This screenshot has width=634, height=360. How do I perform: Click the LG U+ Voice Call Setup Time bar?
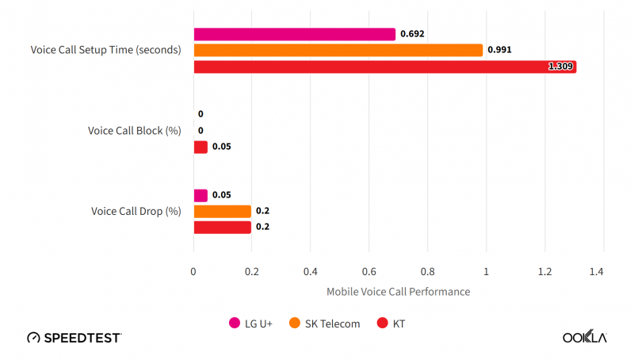tap(294, 34)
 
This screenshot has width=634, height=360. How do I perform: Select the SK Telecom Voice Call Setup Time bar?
tap(338, 50)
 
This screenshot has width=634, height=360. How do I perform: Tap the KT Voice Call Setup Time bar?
tap(384, 67)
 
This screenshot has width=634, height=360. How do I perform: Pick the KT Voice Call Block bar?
tap(201, 147)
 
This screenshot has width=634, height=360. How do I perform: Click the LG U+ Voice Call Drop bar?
tap(201, 195)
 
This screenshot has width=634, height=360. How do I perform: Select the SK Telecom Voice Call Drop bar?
tap(222, 212)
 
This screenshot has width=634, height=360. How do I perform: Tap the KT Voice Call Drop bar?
tap(222, 228)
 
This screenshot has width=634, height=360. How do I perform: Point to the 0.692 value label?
tap(412, 34)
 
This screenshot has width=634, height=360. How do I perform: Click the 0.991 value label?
tap(499, 50)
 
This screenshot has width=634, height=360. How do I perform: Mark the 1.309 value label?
tap(560, 67)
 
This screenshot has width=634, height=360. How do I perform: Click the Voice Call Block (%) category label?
tap(134, 131)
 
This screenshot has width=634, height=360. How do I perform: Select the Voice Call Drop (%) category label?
tap(136, 212)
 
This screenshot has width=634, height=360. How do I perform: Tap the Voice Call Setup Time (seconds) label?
tap(106, 50)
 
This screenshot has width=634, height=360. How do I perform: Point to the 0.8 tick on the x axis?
tap(427, 272)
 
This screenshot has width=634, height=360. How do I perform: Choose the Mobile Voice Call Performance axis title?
tap(398, 292)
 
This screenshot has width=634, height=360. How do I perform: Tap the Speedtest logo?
tap(74, 337)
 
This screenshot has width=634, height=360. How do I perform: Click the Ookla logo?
tap(584, 337)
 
